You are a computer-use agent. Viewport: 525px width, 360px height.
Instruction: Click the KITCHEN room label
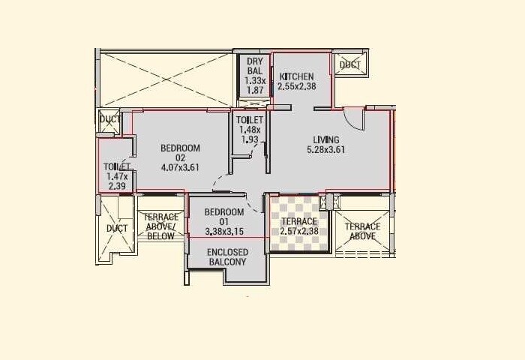(296, 76)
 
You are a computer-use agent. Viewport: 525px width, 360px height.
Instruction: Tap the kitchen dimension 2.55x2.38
(296, 87)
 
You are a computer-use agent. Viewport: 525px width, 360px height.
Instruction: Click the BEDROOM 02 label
(180, 152)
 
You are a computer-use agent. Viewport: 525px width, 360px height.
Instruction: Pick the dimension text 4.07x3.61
(180, 167)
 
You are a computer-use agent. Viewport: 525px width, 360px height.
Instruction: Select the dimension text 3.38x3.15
(224, 231)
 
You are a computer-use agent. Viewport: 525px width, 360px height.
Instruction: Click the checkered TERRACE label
(299, 222)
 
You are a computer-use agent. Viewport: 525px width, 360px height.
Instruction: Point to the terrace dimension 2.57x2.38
(299, 232)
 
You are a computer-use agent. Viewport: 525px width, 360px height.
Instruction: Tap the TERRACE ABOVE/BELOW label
(160, 226)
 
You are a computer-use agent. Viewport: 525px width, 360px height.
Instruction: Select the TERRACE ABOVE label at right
(362, 232)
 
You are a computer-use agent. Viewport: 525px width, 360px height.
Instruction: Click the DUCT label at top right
(349, 65)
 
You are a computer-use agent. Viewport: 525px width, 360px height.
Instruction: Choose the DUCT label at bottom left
(117, 228)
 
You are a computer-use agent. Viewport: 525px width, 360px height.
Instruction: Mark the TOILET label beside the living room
(249, 120)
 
